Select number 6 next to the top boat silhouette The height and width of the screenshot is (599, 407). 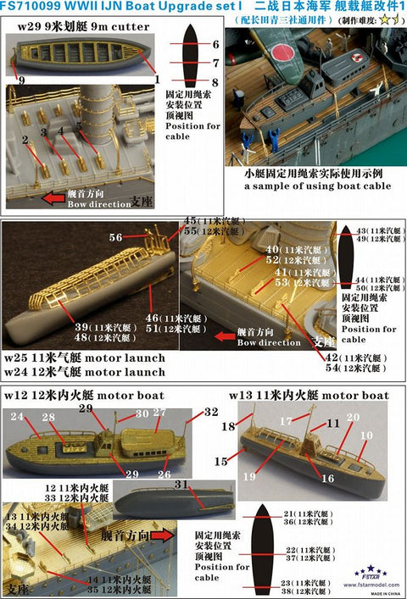pyautogui.click(x=215, y=43)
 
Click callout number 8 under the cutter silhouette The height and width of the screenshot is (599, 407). pyautogui.click(x=215, y=82)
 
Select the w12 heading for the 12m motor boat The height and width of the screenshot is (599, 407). pyautogui.click(x=18, y=395)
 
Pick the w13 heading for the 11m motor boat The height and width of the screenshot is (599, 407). pyautogui.click(x=242, y=395)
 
